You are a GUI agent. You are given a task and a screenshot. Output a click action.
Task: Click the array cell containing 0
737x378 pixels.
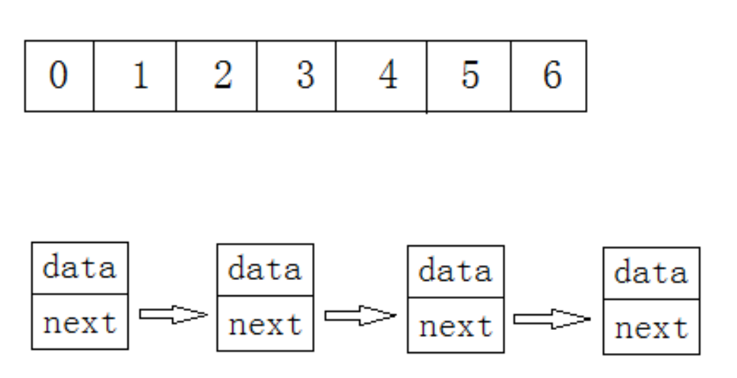coord(59,76)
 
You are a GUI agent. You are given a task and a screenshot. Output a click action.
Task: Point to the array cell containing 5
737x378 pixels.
coord(469,76)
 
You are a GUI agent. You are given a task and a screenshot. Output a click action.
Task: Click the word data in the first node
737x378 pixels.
coord(80,268)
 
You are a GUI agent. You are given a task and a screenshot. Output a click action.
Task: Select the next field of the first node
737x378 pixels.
coord(80,323)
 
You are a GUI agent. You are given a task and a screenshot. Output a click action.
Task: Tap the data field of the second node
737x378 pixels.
coord(265,270)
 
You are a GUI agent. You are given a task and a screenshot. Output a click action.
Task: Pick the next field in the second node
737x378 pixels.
coord(265,325)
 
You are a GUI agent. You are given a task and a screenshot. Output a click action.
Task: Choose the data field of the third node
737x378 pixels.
coord(456,273)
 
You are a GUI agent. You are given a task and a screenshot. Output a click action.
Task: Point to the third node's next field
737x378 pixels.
coord(456,327)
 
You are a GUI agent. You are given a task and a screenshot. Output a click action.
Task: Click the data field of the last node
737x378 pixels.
coord(651,274)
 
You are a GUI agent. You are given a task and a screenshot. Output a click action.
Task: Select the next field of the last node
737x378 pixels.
coord(651,328)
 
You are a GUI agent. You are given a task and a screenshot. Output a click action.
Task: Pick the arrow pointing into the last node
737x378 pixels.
coord(551,318)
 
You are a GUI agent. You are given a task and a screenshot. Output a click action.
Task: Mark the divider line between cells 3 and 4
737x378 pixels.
coord(336,76)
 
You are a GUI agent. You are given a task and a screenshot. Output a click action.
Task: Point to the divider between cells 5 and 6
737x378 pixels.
coord(511,76)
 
